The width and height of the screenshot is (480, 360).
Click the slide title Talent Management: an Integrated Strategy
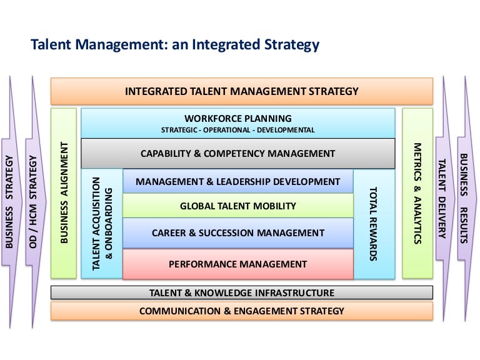click(175, 45)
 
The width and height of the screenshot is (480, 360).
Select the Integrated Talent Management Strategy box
click(242, 91)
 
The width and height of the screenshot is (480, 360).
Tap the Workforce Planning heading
click(238, 118)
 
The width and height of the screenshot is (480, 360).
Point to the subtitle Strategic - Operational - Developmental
click(238, 130)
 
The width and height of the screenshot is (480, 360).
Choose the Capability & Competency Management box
click(238, 153)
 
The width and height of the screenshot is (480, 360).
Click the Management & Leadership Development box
click(238, 182)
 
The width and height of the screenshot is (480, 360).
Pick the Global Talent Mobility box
click(238, 206)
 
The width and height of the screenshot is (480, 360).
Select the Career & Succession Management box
click(238, 233)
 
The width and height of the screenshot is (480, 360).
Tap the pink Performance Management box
click(238, 264)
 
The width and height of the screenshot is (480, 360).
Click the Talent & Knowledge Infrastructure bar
click(242, 292)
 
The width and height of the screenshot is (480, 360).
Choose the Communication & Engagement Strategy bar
click(242, 311)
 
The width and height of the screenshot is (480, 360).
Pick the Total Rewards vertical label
click(374, 223)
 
